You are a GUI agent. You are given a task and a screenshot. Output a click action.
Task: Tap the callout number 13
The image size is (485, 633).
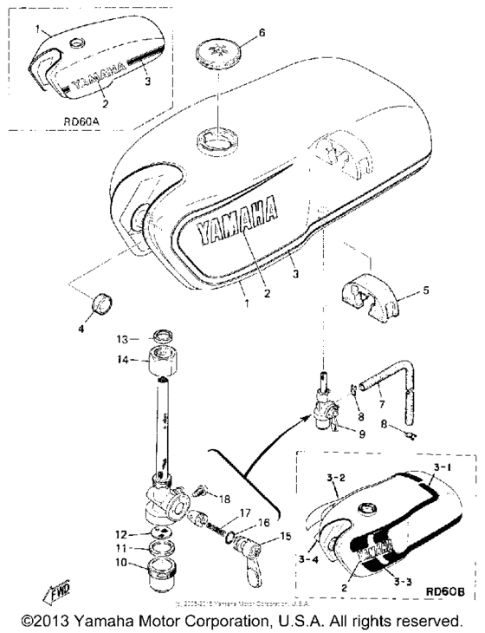[x=122, y=337]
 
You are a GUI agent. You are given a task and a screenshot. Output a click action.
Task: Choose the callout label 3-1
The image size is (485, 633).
[x=443, y=466]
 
